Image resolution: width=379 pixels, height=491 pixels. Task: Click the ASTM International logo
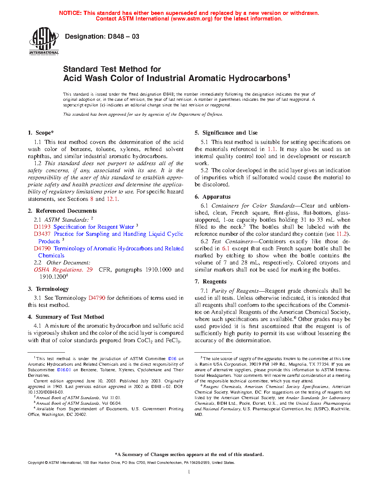pos(44,41)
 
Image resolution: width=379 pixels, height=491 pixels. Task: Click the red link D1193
pos(42,227)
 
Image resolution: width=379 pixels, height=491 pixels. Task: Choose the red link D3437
pos(42,234)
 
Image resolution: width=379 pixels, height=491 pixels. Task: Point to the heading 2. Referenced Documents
pos(62,211)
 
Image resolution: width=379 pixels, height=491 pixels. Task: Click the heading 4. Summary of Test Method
pos(66,317)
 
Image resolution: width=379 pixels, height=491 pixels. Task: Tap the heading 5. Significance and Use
pos(226,133)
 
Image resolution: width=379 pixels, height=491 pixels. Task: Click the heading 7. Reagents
pos(210,282)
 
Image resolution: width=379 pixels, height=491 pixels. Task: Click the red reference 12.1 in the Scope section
pos(112,199)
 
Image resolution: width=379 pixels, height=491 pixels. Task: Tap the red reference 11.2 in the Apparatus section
pos(341,234)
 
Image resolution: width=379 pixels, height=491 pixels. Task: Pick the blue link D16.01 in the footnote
pos(64,370)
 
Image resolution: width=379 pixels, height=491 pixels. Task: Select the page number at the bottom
pos(189,472)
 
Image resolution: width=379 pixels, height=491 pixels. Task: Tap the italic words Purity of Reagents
pos(235,291)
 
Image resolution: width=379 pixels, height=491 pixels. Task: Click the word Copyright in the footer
pos(36,463)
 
